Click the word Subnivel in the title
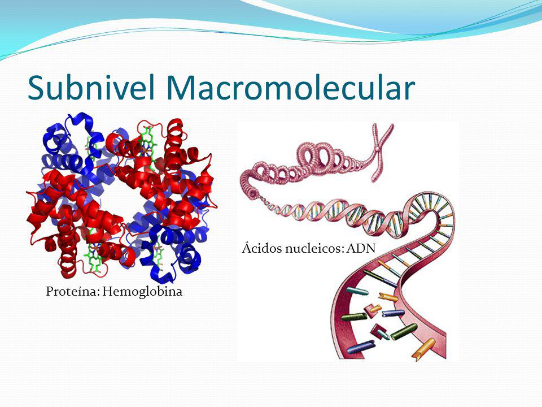91,88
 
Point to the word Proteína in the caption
69,292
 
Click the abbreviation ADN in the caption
361,248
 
